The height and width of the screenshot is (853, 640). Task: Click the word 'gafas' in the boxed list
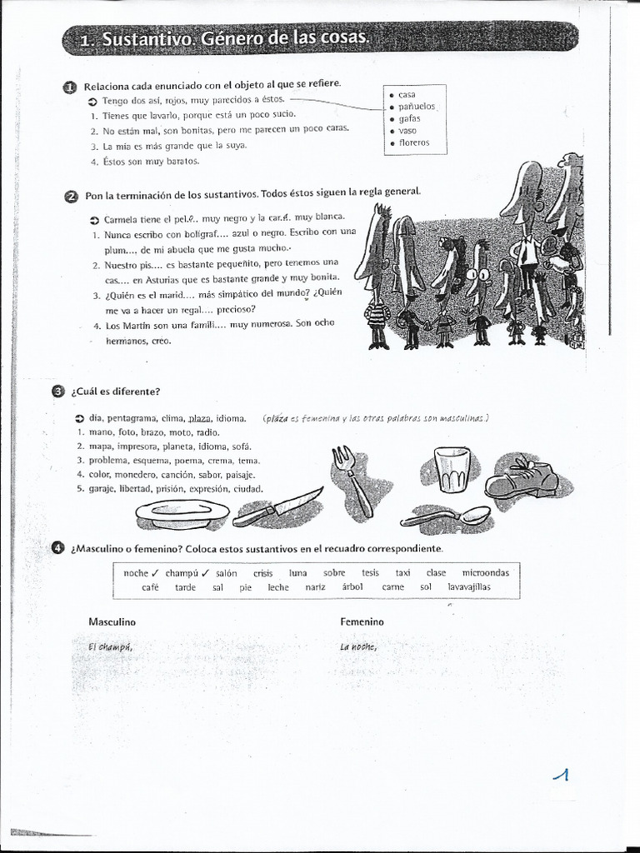pyautogui.click(x=409, y=118)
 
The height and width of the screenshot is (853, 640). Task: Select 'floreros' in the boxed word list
pyautogui.click(x=413, y=142)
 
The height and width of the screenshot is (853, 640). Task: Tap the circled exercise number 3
pyautogui.click(x=57, y=392)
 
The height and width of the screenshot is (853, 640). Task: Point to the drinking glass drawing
pyautogui.click(x=452, y=469)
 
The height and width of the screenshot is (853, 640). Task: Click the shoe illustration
pyautogui.click(x=522, y=478)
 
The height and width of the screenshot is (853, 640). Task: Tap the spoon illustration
pyautogui.click(x=446, y=517)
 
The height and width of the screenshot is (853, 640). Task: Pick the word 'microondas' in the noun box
pyautogui.click(x=485, y=573)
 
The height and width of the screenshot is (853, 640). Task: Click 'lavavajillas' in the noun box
pyautogui.click(x=469, y=587)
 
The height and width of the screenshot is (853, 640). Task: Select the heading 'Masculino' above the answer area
pyautogui.click(x=112, y=622)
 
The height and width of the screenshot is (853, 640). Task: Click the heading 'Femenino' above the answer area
pyautogui.click(x=362, y=622)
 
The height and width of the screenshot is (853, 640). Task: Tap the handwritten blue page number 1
pyautogui.click(x=562, y=776)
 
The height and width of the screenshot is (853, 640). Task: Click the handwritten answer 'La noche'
pyautogui.click(x=358, y=647)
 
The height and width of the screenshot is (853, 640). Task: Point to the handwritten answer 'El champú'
pyautogui.click(x=109, y=647)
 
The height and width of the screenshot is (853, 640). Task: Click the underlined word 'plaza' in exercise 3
pyautogui.click(x=200, y=418)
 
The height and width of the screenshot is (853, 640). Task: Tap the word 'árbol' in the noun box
pyautogui.click(x=352, y=587)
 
